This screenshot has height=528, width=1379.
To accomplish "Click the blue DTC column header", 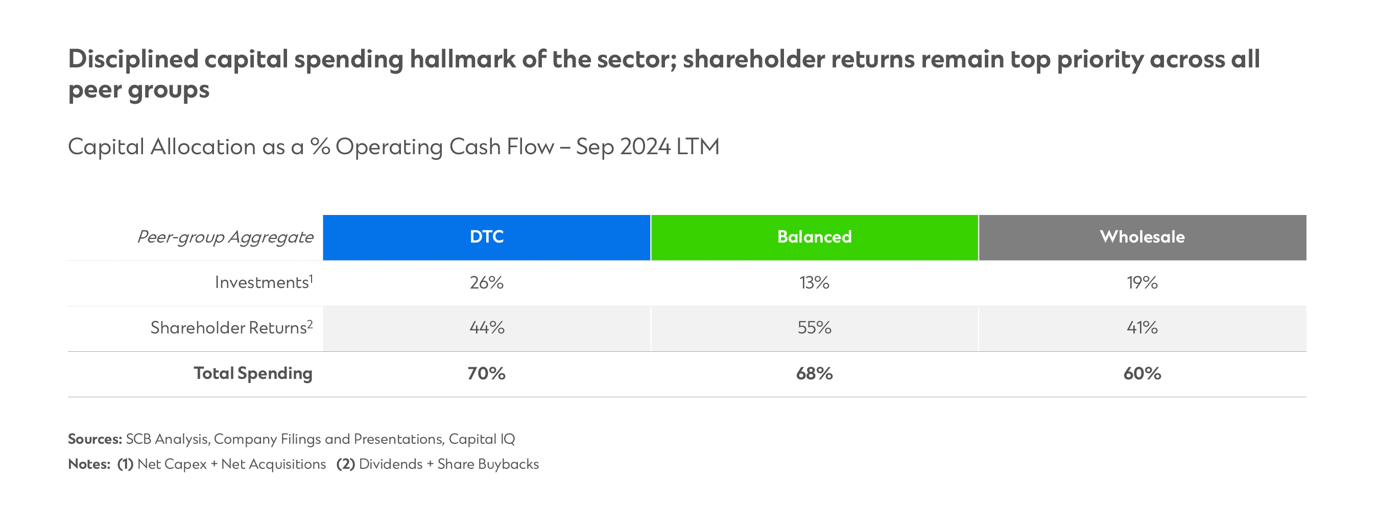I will coord(487,237).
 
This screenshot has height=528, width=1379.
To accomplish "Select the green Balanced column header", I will coord(814,237).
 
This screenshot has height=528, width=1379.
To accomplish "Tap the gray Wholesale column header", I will coord(1142,237).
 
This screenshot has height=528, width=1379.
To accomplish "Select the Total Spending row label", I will coord(253,373).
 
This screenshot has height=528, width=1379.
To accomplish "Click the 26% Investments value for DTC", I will coord(487,282).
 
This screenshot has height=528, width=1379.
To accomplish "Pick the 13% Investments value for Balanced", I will coord(814,282).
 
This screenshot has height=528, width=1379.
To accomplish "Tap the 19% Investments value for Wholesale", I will coord(1142,282).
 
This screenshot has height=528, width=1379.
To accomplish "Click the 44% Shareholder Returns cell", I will coord(487,327).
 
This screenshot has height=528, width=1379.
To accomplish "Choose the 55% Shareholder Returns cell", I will coord(814,327).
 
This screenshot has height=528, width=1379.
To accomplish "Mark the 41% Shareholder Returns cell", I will coord(1142,327).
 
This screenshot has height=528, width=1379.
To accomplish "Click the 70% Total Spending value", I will coord(487,373).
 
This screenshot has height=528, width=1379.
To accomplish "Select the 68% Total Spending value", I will coord(814,373).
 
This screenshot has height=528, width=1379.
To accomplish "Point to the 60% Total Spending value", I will coord(1142,373).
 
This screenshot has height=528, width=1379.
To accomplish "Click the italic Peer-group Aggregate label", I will coord(225,237).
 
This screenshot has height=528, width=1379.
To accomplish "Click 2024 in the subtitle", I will coord(645,147).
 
